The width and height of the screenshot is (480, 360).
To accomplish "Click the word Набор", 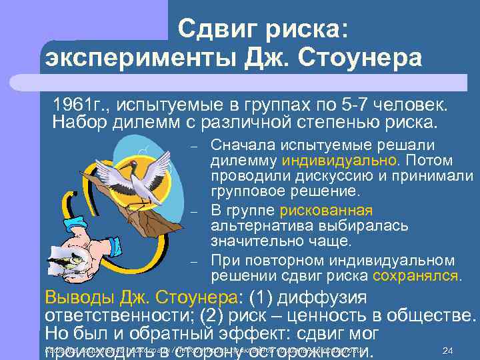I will coord(75,123).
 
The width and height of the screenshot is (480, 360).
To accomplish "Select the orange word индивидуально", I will coord(339,161).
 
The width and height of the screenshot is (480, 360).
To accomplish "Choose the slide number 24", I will coord(448,351).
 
